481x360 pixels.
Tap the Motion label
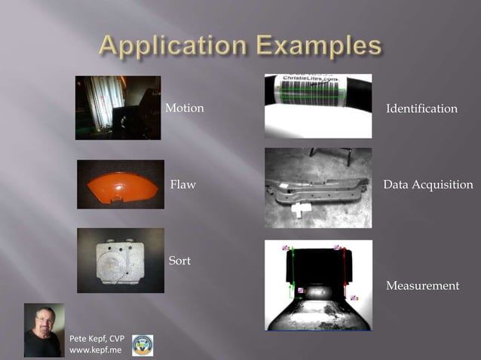185,108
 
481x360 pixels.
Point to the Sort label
179,261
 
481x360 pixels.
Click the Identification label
421,108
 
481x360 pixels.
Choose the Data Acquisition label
428,185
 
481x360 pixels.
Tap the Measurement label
422,285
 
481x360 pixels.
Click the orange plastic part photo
120,184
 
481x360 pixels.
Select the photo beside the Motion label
118,108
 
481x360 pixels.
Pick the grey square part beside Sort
120,261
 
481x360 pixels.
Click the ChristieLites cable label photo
318,106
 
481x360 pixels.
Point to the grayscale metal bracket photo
318,188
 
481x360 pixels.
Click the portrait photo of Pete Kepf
44,330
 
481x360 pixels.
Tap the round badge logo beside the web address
142,345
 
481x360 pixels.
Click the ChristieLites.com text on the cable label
309,79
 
